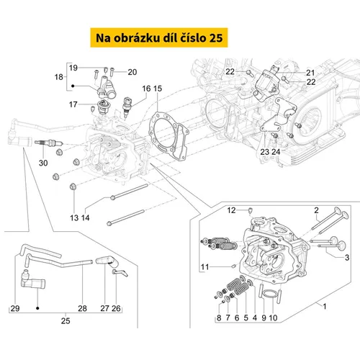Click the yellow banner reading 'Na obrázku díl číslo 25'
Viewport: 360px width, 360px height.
pyautogui.click(x=159, y=37)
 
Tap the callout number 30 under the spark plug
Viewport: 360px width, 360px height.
pyautogui.click(x=43, y=163)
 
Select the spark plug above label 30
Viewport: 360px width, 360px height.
pyautogui.click(x=49, y=143)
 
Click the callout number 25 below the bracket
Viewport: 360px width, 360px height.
pyautogui.click(x=66, y=321)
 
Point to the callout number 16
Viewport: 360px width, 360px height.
pyautogui.click(x=146, y=89)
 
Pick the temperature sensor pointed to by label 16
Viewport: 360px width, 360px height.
pyautogui.click(x=127, y=107)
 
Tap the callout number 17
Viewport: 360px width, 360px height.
pyautogui.click(x=73, y=104)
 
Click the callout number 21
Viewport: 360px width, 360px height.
pyautogui.click(x=310, y=73)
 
